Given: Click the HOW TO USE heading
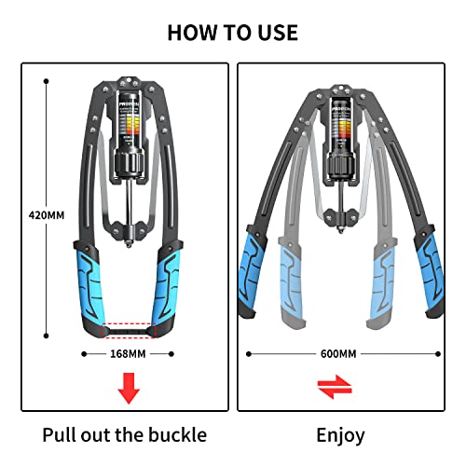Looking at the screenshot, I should click(232, 32).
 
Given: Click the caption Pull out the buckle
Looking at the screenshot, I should click(124, 434).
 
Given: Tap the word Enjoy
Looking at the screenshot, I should click(340, 434).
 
